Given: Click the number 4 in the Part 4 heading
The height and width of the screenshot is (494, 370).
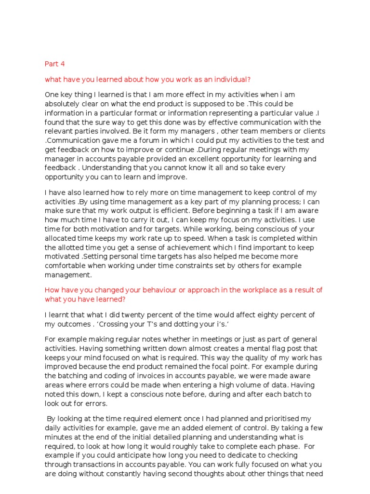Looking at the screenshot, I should point(62,64).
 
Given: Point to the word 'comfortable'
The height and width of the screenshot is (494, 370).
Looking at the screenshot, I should point(66,266).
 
